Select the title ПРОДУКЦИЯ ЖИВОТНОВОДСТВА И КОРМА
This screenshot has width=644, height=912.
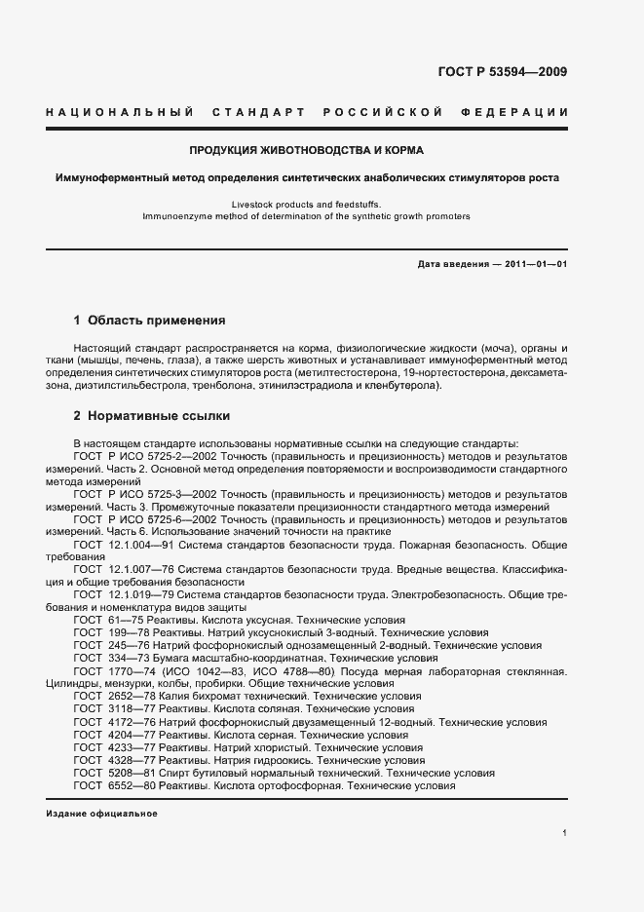306,151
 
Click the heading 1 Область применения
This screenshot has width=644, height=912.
150,320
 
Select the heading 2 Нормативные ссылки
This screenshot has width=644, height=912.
152,416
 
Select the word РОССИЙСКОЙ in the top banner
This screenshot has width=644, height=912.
391,113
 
